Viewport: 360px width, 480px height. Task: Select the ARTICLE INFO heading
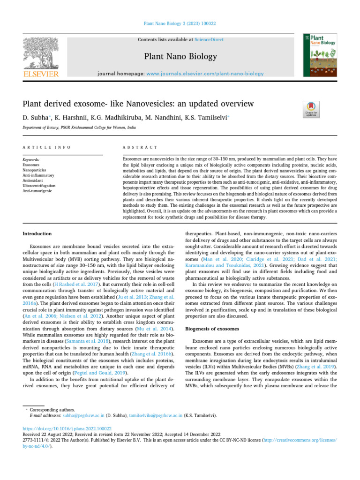47,147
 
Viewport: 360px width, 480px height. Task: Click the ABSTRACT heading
140,147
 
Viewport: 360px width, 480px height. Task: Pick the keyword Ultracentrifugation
39,185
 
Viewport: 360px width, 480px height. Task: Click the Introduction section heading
37,233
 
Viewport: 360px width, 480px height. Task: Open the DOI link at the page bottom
67,428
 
